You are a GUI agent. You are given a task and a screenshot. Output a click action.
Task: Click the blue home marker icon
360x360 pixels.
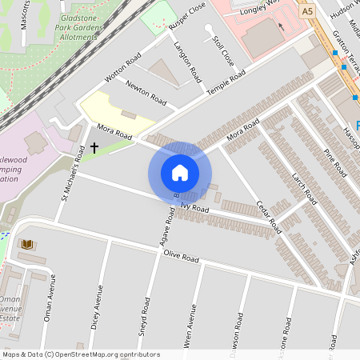click(x=180, y=173)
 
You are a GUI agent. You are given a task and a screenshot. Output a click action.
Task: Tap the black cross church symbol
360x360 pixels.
click(x=94, y=147)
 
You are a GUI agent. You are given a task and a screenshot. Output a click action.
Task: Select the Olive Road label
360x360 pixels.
click(x=181, y=257)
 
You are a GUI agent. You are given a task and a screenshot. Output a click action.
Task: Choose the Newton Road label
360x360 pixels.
click(x=146, y=94)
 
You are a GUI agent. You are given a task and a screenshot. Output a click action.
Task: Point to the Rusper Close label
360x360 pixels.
click(x=188, y=28)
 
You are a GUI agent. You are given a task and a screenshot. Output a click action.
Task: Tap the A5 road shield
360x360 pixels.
click(x=308, y=12)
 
